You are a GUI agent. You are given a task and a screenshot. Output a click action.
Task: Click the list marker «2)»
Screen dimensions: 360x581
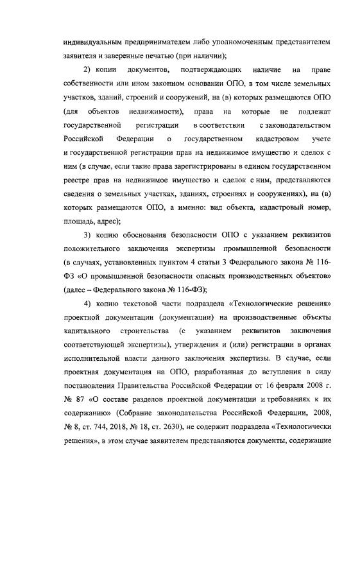[91, 69]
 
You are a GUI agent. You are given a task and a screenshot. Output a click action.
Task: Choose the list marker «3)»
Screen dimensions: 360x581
[91, 234]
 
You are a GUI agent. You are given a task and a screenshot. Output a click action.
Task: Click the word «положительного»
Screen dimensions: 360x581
[95, 248]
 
